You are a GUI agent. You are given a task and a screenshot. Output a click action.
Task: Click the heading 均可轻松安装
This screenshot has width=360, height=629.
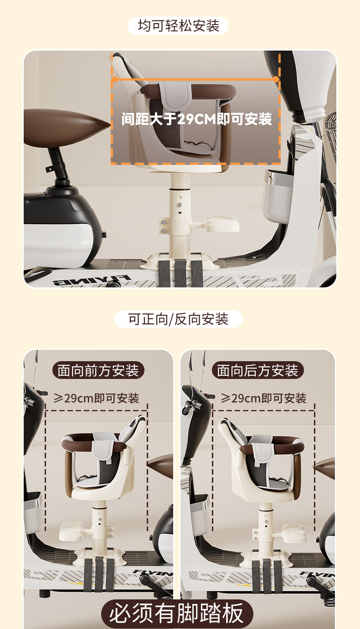pyautogui.click(x=178, y=26)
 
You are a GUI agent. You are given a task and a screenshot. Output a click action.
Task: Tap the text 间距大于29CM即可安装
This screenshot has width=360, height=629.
pyautogui.click(x=196, y=119)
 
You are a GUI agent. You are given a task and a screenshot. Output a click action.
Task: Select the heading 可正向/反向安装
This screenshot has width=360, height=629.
pyautogui.click(x=178, y=319)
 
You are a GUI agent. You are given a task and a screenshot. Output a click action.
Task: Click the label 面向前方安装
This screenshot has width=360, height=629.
pyautogui.click(x=98, y=370)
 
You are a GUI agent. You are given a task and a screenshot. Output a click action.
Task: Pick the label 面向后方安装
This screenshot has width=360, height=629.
pyautogui.click(x=257, y=370)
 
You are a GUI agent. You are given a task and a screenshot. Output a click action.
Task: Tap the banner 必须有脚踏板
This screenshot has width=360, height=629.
pyautogui.click(x=176, y=613)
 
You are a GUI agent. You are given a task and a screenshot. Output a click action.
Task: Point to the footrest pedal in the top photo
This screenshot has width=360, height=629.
pyautogui.click(x=221, y=224)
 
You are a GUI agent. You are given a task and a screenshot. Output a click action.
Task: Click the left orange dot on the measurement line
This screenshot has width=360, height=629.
pyautogui.click(x=115, y=79)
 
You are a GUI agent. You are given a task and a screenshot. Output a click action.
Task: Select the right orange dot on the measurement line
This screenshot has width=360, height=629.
pyautogui.click(x=276, y=79)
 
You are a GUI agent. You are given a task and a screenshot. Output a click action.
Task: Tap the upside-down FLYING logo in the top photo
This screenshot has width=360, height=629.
pyautogui.click(x=93, y=280)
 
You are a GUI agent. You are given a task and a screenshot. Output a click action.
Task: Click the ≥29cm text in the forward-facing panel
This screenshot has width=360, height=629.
pyautogui.click(x=97, y=398)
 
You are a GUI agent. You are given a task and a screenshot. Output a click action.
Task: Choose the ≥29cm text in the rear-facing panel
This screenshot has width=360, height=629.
pyautogui.click(x=263, y=398)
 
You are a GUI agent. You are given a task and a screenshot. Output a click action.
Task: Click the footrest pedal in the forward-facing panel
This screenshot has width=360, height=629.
pyautogui.click(x=72, y=531)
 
